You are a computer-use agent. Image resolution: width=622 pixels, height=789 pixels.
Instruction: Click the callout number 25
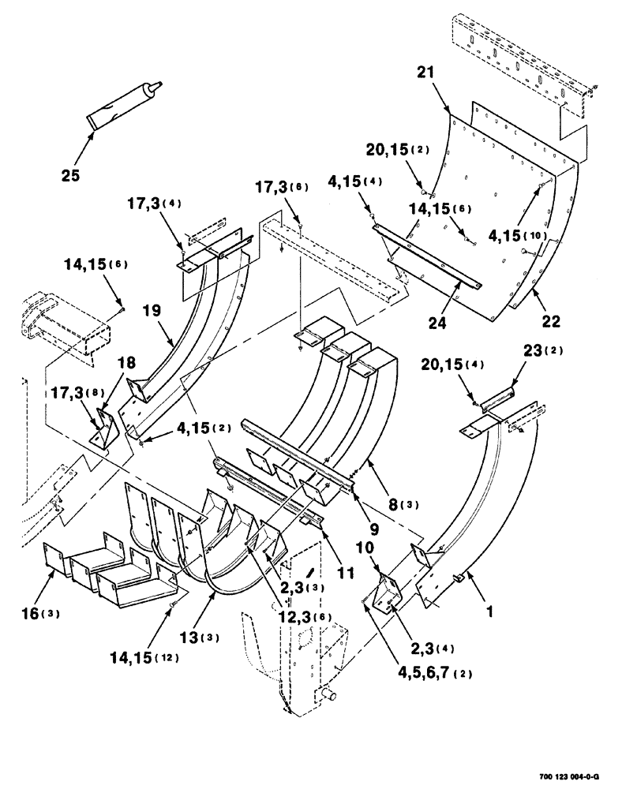coord(70,175)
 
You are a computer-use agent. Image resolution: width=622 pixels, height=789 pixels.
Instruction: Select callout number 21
coord(426,74)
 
